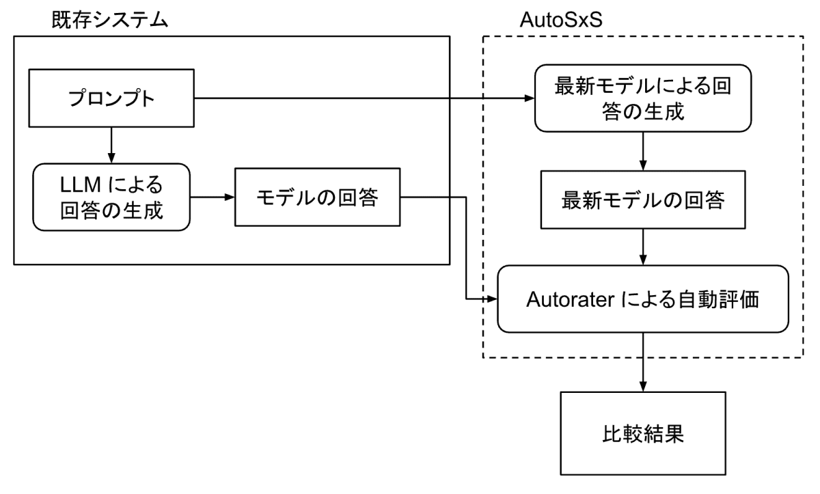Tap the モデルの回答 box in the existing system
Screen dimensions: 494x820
coord(317,197)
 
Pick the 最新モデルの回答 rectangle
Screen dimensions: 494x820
coord(642,200)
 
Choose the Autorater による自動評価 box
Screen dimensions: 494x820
coord(642,299)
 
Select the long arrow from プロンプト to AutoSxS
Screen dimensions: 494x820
coord(362,99)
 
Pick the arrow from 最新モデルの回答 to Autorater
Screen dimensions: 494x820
coord(642,248)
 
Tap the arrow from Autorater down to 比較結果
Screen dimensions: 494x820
coord(642,362)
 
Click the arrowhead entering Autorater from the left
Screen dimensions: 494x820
coord(491,299)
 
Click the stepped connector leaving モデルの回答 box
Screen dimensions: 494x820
coord(466,246)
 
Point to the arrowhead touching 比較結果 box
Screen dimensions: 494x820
coord(642,387)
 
